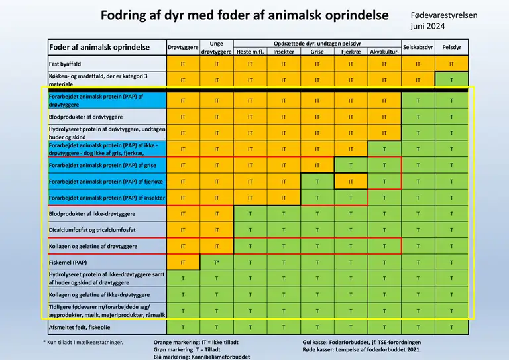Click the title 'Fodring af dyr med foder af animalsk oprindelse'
(x=245, y=15)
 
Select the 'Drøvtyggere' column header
(x=182, y=47)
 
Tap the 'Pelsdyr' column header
(x=451, y=47)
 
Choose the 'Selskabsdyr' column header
(x=418, y=47)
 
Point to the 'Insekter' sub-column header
(x=283, y=52)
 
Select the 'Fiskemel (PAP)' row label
(x=68, y=263)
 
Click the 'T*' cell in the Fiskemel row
(x=216, y=263)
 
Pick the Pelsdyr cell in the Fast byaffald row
(x=451, y=64)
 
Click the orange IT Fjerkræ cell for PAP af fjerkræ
(x=351, y=181)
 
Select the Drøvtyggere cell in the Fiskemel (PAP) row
(x=182, y=263)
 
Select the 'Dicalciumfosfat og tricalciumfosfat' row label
(x=92, y=229)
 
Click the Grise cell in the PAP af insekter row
(x=317, y=198)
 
